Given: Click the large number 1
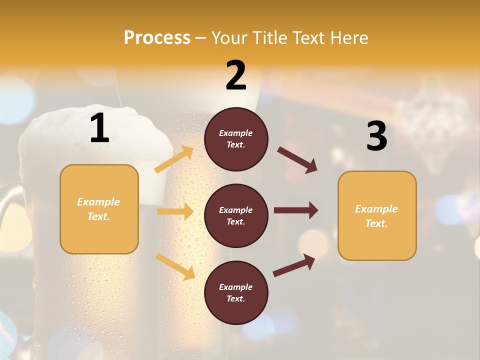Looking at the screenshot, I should click(99, 129).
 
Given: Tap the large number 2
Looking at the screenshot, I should click(236, 76).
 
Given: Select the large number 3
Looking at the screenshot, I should click(376, 137).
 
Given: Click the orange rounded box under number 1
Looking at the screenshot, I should click(99, 209).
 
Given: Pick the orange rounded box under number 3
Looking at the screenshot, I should click(377, 215).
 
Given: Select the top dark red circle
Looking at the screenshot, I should click(236, 139).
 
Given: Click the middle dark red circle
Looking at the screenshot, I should click(236, 215).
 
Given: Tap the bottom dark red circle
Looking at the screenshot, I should click(236, 292).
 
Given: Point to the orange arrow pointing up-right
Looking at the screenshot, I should click(174, 159).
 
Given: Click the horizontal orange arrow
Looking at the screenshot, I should click(175, 211).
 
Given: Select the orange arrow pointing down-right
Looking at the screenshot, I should click(175, 266).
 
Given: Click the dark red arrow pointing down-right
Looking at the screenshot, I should click(297, 160).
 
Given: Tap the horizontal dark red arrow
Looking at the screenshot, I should click(296, 210).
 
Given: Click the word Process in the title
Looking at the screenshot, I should click(157, 38).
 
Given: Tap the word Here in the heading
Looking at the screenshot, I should click(348, 38).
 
